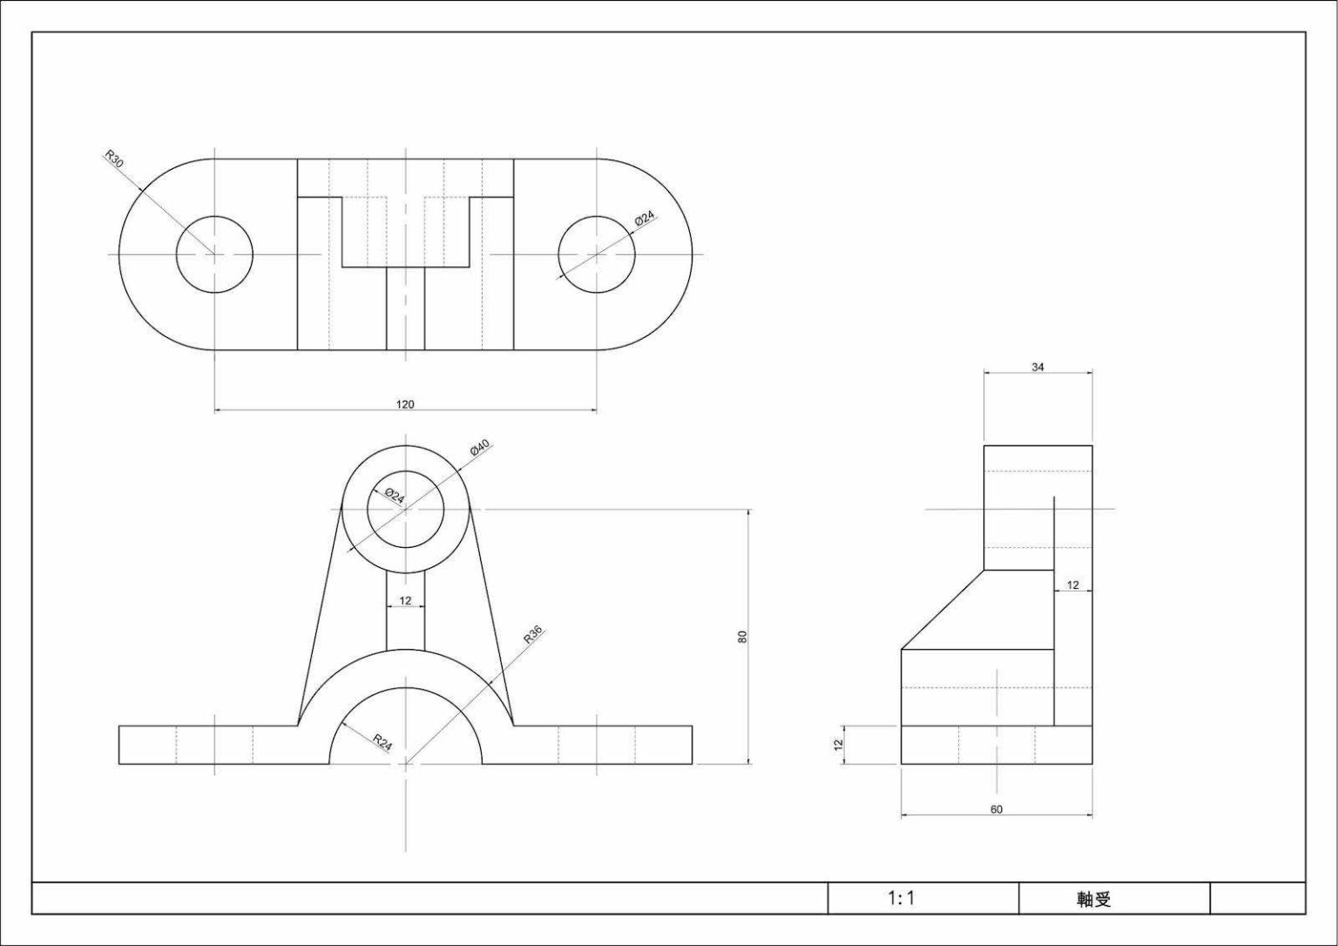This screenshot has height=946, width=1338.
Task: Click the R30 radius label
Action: click(113, 159)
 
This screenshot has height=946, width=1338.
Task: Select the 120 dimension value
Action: click(405, 404)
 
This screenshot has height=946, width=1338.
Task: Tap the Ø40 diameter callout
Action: click(480, 447)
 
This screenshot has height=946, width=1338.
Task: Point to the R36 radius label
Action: click(533, 634)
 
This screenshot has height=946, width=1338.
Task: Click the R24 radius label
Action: click(383, 742)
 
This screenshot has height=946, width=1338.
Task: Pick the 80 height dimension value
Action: click(742, 637)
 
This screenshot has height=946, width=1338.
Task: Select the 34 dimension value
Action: click(1038, 368)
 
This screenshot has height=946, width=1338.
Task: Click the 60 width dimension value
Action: click(997, 809)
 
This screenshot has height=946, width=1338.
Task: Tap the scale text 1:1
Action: click(902, 897)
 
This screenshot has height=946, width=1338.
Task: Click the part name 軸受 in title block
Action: click(1094, 899)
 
